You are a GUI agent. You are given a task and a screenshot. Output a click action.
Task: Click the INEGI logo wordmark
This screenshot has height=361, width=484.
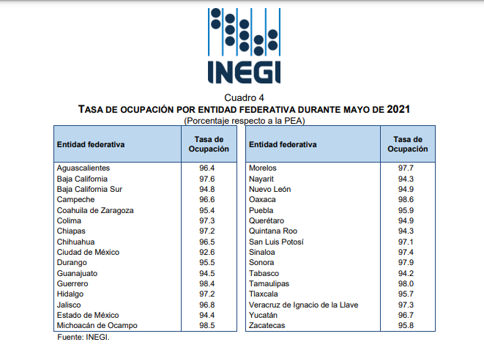[x=244, y=72]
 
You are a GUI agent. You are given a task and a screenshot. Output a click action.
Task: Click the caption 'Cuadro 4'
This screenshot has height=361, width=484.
[x=244, y=98]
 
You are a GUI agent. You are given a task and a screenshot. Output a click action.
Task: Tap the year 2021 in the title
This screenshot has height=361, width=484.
[x=398, y=109]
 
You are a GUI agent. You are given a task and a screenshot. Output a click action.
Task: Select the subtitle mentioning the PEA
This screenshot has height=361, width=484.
[x=244, y=120]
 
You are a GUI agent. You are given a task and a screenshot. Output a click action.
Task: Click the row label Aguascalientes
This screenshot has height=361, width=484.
[x=83, y=168]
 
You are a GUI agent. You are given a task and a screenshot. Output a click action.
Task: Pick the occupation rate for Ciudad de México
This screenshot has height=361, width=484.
[x=206, y=253]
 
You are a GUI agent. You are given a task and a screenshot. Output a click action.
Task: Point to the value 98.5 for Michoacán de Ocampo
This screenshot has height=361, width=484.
[x=206, y=326]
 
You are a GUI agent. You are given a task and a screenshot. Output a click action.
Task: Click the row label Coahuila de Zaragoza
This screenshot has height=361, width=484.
[x=95, y=211]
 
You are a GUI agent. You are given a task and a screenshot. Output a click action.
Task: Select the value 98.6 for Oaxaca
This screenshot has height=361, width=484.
[x=406, y=199]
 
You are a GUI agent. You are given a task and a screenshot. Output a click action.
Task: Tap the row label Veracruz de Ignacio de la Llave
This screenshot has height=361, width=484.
[x=303, y=305]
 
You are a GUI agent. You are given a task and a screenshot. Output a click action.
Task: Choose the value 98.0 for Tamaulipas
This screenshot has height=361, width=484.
[x=406, y=284]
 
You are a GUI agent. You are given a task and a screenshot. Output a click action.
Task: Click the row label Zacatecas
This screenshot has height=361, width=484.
[x=267, y=326]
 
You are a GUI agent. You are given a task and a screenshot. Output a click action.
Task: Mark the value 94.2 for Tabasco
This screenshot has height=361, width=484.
[x=406, y=274]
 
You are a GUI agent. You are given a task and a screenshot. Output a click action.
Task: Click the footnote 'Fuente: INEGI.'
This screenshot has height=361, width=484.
[x=83, y=338]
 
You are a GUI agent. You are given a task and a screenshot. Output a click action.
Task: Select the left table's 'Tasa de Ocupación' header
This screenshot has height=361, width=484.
[x=209, y=144]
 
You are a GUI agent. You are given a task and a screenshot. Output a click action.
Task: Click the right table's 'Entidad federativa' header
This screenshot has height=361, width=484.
[x=283, y=144]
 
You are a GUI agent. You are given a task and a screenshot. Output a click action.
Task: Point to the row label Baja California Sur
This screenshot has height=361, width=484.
[x=89, y=190]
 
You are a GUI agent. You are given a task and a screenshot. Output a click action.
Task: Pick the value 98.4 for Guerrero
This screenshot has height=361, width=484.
[x=206, y=284]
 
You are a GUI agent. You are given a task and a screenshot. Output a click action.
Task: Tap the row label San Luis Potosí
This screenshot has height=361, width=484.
[x=276, y=242]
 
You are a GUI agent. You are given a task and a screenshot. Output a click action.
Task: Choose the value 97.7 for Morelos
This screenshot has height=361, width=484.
[x=406, y=168]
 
